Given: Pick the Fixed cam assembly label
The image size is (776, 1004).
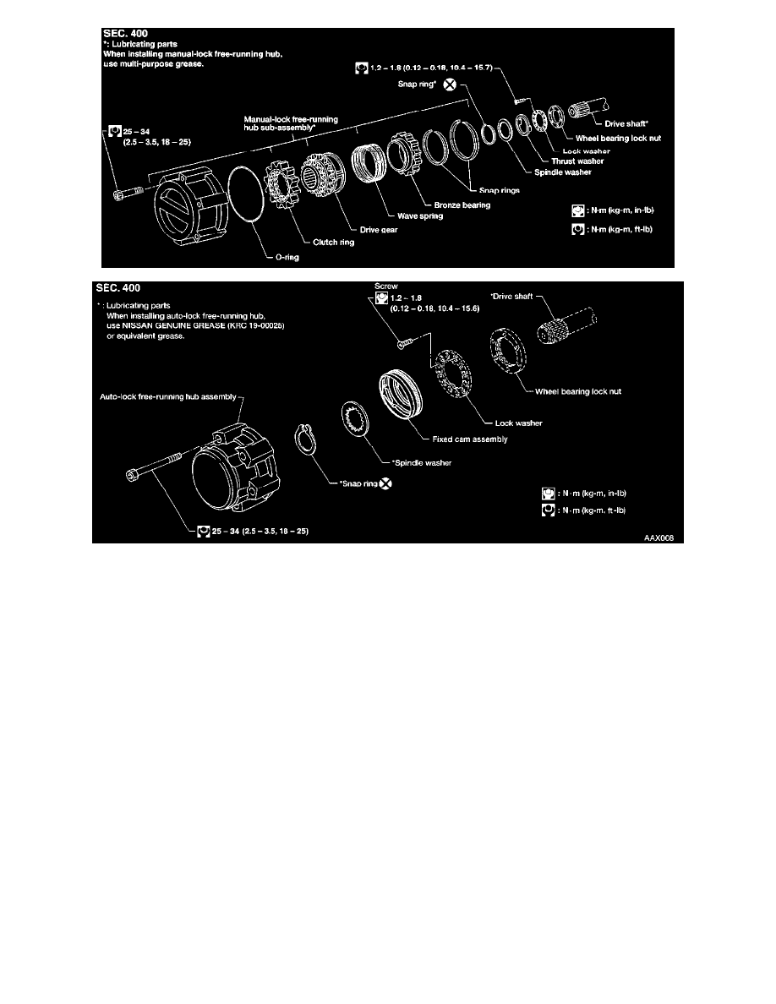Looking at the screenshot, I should point(456,439).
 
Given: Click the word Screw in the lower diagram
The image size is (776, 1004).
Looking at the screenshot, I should point(385,286).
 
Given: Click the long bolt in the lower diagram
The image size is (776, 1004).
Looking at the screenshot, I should point(156,464).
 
